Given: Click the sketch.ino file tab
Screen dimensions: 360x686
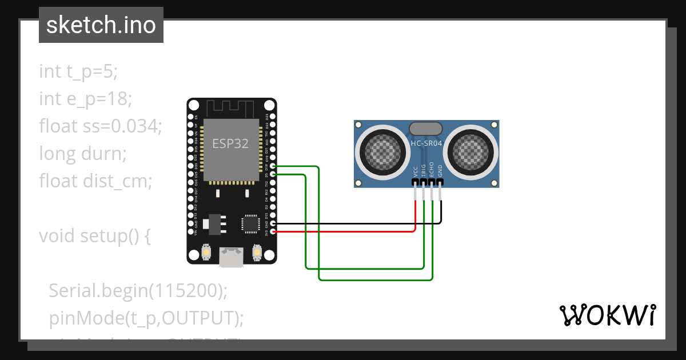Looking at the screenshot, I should [x=101, y=25].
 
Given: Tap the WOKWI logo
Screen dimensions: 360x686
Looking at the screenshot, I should [x=607, y=315].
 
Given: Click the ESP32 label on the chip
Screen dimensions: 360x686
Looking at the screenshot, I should [x=230, y=143].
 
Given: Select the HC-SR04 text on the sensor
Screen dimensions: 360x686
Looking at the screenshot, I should [x=426, y=143].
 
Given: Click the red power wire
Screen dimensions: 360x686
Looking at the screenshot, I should [x=343, y=231].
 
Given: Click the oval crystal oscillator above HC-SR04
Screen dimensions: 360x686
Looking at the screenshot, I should [x=426, y=128].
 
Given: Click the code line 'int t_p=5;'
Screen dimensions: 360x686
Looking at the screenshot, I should [x=78, y=71].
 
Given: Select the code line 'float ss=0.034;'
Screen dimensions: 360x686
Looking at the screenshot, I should [x=101, y=126].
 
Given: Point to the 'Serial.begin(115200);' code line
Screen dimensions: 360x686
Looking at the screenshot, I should [x=138, y=290].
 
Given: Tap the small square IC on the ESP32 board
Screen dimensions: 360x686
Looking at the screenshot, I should [x=250, y=223].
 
